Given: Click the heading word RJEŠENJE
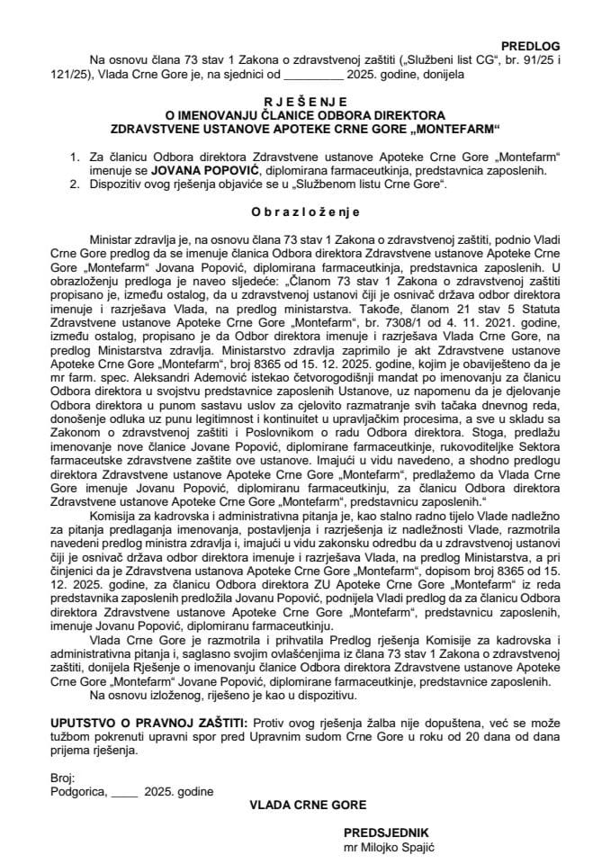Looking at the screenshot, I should pyautogui.click(x=305, y=103).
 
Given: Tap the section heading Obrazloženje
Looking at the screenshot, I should pyautogui.click(x=305, y=212).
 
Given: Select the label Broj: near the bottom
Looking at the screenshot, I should pyautogui.click(x=63, y=778).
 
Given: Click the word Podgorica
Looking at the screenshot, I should pyautogui.click(x=77, y=791).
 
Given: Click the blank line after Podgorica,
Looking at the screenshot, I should pyautogui.click(x=125, y=791).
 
